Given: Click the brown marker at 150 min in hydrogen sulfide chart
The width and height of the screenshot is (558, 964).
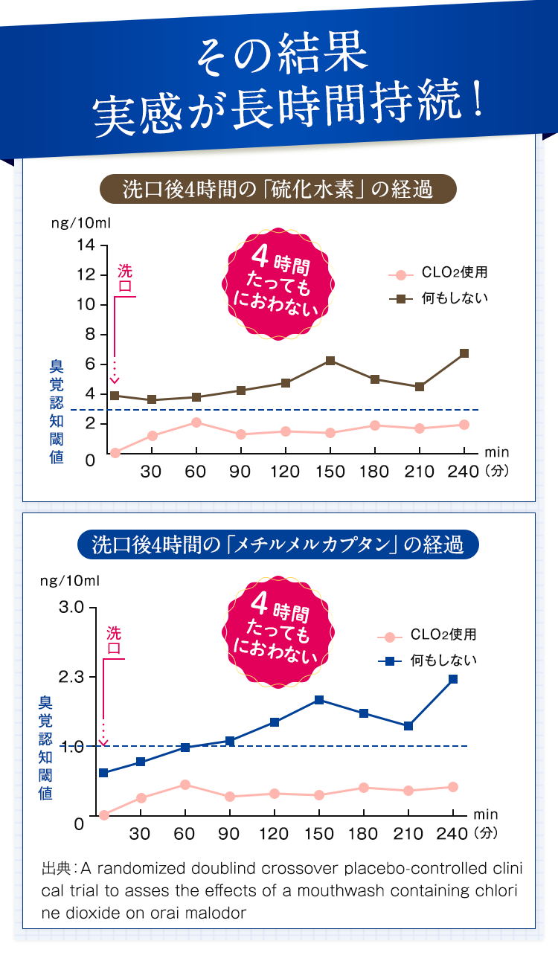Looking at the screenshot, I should pyautogui.click(x=330, y=361).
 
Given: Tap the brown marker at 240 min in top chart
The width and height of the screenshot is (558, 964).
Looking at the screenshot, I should pyautogui.click(x=464, y=353).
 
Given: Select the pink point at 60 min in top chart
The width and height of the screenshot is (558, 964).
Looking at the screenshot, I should pyautogui.click(x=196, y=422).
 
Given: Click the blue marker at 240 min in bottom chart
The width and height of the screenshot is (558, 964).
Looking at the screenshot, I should pyautogui.click(x=453, y=679).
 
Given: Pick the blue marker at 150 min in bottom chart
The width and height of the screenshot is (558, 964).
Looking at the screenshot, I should pyautogui.click(x=319, y=700).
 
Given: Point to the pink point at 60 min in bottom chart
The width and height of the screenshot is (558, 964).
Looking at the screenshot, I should pyautogui.click(x=185, y=785).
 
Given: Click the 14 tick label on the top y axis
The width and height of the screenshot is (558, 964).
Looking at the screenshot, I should pyautogui.click(x=86, y=245).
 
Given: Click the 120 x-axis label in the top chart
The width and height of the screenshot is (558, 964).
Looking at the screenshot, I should pyautogui.click(x=285, y=472).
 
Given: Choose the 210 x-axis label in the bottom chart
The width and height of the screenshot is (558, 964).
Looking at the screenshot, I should pyautogui.click(x=408, y=834).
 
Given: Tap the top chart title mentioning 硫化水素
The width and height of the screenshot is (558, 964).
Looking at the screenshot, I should pyautogui.click(x=278, y=190).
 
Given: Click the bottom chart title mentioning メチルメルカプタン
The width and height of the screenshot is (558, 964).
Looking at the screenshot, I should pyautogui.click(x=278, y=544).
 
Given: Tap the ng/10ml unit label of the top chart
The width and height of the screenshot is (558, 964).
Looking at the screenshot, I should pyautogui.click(x=80, y=223).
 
